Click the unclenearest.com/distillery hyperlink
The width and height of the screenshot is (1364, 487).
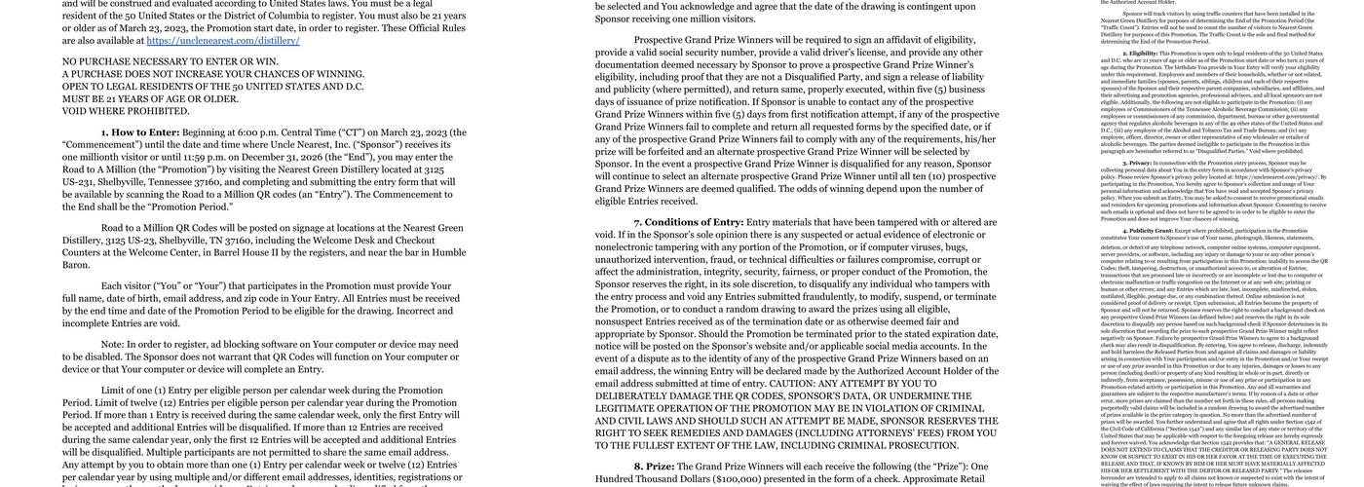point(223,41)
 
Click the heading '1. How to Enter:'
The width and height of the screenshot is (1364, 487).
point(140,132)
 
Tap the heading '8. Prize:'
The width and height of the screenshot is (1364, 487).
point(654,467)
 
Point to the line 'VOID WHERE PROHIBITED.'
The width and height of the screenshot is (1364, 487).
point(126,111)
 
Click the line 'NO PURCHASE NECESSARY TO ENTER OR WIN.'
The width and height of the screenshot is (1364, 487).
point(170,61)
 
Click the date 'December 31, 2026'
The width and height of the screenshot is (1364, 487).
point(284,157)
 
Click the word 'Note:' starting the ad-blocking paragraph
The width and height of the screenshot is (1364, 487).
point(112,344)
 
